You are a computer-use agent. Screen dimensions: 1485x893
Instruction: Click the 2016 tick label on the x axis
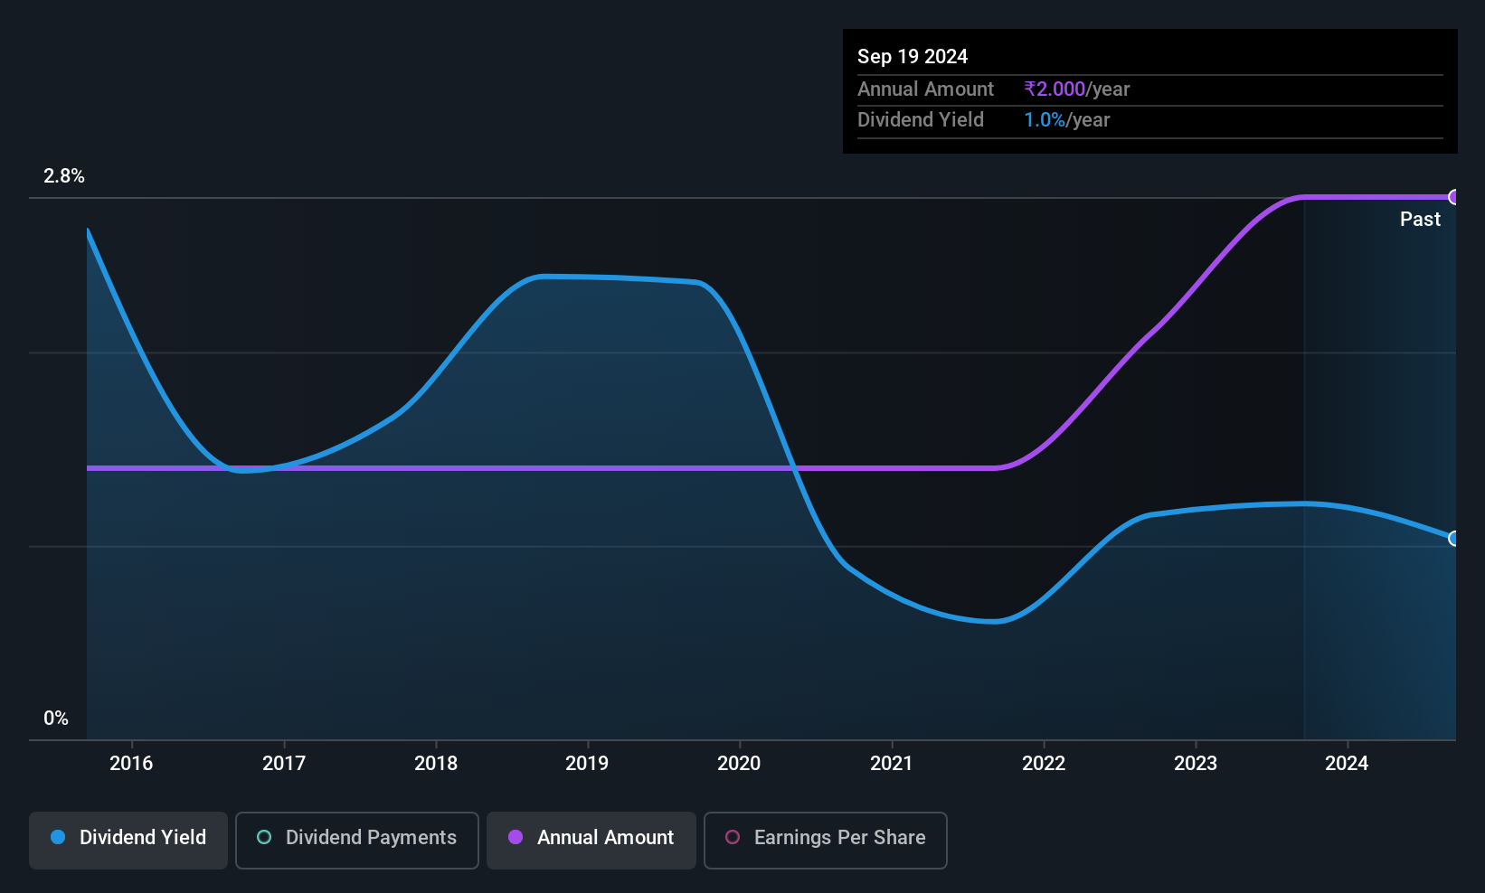click(131, 763)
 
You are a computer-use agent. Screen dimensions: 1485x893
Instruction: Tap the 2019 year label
click(587, 763)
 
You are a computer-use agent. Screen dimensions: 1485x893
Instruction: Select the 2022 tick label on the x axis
click(1044, 763)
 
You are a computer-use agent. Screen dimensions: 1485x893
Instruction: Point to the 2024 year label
click(1347, 763)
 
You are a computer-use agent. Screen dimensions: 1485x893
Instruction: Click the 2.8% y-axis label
click(64, 176)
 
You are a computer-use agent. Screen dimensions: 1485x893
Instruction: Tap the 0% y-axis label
click(56, 719)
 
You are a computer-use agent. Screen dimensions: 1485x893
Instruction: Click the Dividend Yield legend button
click(128, 840)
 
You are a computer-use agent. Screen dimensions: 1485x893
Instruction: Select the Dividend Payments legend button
click(356, 840)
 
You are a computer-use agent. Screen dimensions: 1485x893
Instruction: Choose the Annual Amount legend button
click(591, 840)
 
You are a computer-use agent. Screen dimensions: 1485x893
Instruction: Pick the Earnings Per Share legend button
click(826, 840)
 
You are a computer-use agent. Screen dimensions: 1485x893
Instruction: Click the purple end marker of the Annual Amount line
click(1453, 197)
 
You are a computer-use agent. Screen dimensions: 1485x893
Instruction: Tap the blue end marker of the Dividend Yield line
click(1453, 539)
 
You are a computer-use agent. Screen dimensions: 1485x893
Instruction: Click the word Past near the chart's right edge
click(1420, 220)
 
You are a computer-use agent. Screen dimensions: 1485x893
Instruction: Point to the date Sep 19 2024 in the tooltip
click(913, 57)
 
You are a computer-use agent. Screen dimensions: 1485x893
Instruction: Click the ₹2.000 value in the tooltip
click(1055, 89)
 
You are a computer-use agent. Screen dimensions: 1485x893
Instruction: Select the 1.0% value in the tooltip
click(1045, 120)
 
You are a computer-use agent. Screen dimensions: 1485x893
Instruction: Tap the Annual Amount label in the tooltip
click(925, 89)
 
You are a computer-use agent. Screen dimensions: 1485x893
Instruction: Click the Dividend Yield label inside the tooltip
click(921, 120)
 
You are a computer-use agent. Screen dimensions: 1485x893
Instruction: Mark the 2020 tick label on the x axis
click(739, 763)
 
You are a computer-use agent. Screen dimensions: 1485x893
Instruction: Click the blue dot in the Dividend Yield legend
click(59, 837)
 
